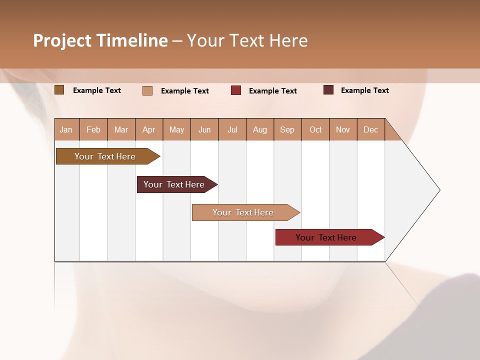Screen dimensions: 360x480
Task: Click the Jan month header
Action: (x=66, y=129)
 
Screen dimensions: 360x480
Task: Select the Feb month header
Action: (x=93, y=129)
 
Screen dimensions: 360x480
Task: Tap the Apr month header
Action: (x=149, y=129)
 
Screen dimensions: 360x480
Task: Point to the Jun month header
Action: (x=204, y=129)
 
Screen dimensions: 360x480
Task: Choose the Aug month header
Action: (x=260, y=129)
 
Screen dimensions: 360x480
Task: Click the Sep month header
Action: (x=287, y=129)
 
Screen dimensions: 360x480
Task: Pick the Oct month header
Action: (x=315, y=129)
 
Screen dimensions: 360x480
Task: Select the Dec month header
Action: (x=371, y=129)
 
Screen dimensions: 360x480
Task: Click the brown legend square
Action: (x=59, y=90)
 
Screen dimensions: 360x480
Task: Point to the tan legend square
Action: (x=147, y=90)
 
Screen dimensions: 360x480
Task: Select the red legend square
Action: (x=236, y=90)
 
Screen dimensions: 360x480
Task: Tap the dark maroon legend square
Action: (x=328, y=90)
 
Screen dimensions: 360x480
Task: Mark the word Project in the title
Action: (x=63, y=40)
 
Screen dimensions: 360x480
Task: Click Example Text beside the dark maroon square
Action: (x=364, y=90)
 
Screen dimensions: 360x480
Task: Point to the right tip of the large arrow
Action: (x=439, y=190)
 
